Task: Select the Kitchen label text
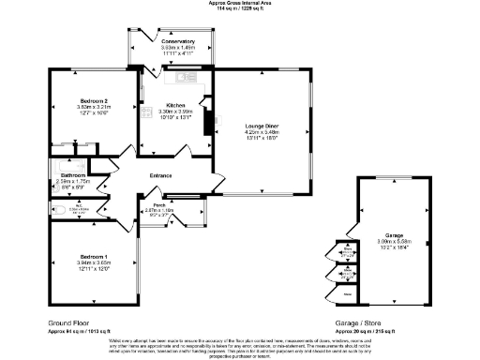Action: (176, 104)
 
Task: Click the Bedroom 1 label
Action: (93, 256)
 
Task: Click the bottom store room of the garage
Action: (348, 293)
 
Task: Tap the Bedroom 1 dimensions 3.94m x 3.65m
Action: (93, 262)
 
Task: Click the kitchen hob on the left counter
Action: (147, 131)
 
